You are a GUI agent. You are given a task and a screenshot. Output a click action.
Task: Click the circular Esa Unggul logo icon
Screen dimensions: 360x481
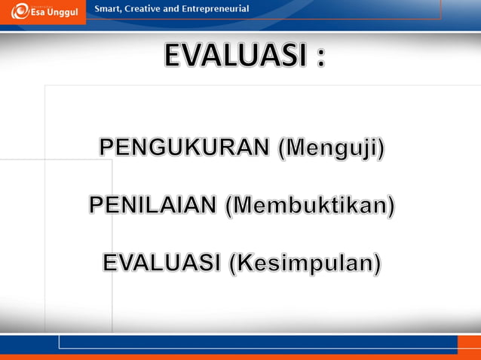tap(20, 11)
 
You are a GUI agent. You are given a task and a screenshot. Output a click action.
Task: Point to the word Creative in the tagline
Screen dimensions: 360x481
tap(152, 9)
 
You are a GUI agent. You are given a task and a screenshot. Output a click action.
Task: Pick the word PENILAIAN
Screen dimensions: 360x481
tap(153, 205)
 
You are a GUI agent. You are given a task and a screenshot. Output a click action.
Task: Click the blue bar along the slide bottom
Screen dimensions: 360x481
tap(256, 342)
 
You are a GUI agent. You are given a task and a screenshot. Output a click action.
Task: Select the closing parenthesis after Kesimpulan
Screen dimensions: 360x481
tap(377, 264)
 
